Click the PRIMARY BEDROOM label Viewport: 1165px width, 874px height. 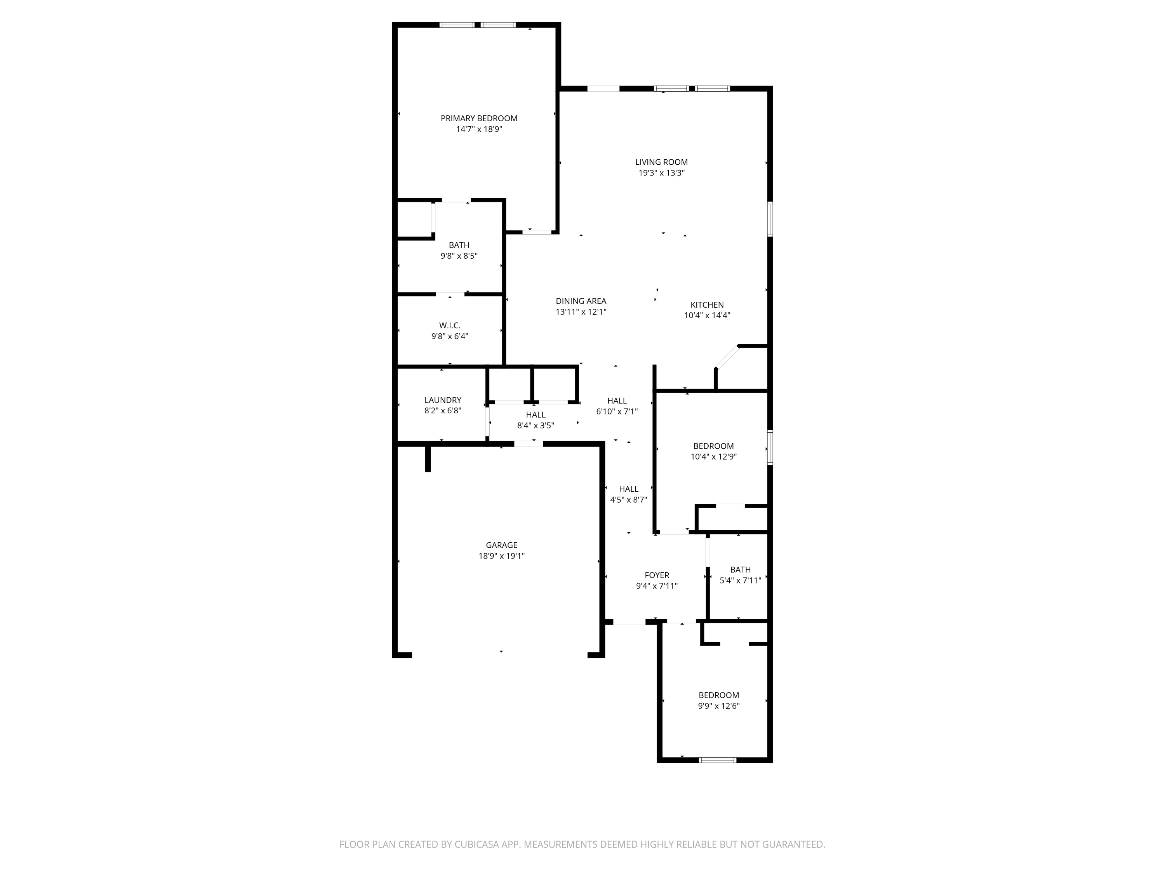[x=479, y=118]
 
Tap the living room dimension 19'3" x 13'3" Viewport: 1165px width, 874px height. [x=661, y=173]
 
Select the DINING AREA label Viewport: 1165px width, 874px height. [x=581, y=301]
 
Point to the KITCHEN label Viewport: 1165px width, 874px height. [x=707, y=305]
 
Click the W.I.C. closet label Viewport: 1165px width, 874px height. [x=450, y=326]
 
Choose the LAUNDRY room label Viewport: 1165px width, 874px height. [x=443, y=400]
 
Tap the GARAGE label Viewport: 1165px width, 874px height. [x=501, y=545]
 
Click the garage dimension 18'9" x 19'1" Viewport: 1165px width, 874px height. [x=501, y=556]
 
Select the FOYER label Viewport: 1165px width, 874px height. [x=657, y=575]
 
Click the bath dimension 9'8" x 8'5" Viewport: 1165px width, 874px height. [x=459, y=256]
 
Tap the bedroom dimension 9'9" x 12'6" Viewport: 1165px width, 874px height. [x=718, y=706]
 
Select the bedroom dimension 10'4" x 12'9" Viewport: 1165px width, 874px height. [x=713, y=457]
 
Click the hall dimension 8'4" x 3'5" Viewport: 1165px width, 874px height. [x=535, y=426]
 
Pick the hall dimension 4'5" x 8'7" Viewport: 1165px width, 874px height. [x=628, y=500]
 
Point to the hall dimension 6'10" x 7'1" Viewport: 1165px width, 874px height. [x=617, y=411]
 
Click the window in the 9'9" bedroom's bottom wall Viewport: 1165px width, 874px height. [x=717, y=760]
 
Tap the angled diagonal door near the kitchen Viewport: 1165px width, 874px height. [x=727, y=357]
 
